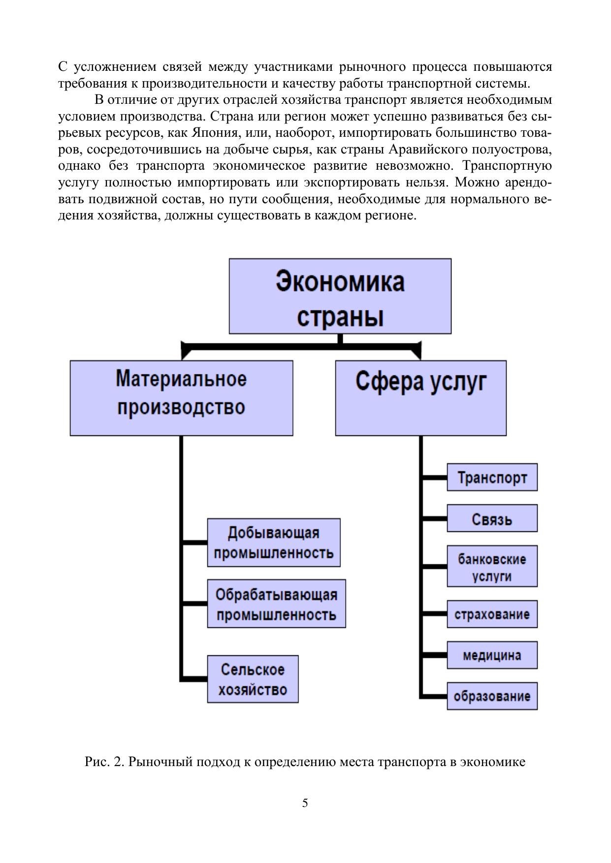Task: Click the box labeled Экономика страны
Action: pyautogui.click(x=340, y=296)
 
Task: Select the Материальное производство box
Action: pyautogui.click(x=181, y=398)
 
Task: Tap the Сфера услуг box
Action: pyautogui.click(x=420, y=398)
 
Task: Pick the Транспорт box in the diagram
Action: pyautogui.click(x=492, y=477)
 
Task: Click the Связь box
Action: pyautogui.click(x=492, y=518)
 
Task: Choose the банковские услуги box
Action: pyautogui.click(x=492, y=566)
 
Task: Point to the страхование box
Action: pyautogui.click(x=492, y=614)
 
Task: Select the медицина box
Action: pyautogui.click(x=492, y=655)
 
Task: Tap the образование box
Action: pyautogui.click(x=492, y=696)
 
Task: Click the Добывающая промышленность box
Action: pyautogui.click(x=274, y=542)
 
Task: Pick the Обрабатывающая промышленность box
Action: pyautogui.click(x=276, y=603)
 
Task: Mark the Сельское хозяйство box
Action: pyautogui.click(x=253, y=678)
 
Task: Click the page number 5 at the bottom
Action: pyautogui.click(x=305, y=803)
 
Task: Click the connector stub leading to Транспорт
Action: pyautogui.click(x=434, y=477)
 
